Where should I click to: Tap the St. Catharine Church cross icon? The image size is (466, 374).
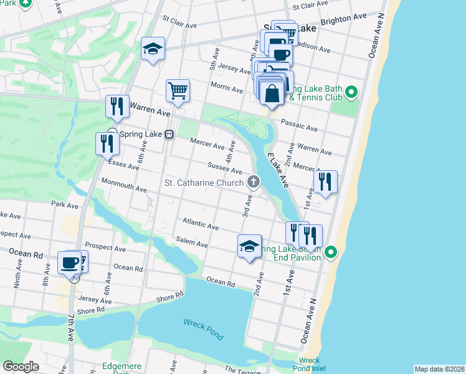253,182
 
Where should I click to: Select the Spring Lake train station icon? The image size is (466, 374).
169,135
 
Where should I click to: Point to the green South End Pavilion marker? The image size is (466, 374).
331,252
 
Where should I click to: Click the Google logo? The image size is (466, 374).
21,367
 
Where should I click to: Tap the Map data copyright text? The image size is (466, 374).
439,369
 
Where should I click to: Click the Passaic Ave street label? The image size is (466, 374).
299,126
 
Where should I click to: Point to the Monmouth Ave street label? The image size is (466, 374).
124,185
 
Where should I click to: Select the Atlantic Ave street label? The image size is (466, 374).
200,223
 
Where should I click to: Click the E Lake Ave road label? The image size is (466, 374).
277,170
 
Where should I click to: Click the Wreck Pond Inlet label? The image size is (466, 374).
309,365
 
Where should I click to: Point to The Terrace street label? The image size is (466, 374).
237,370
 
